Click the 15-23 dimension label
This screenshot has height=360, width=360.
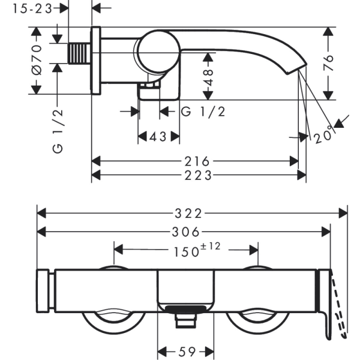pos(32,9)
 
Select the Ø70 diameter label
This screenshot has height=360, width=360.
pos(37,60)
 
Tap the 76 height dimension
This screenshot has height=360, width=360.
pos(328,63)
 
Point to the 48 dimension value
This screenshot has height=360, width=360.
pos(208,77)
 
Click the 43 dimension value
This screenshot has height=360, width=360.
pos(158,137)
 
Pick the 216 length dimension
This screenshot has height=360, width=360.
pos(197,161)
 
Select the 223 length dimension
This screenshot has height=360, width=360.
pos(198,176)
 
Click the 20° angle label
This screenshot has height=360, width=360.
pos(323,136)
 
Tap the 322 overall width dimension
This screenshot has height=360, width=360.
pos(188,214)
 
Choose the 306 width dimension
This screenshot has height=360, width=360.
pos(186,232)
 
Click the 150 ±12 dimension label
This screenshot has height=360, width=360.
pos(197,250)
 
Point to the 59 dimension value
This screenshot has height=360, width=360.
pos(186,351)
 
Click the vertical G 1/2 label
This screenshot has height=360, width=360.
pos(58,131)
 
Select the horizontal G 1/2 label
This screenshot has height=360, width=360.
pos(203,112)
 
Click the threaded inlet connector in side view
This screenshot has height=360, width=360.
pos(79,53)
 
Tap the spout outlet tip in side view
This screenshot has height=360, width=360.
pos(296,68)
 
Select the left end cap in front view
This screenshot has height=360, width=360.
pos(43,291)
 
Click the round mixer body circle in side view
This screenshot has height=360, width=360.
pos(159,52)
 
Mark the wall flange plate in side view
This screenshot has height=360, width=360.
pos(96,61)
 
